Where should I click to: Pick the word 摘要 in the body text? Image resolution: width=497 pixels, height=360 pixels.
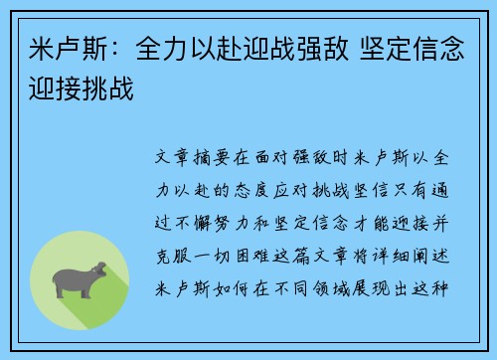click(x=218, y=158)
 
